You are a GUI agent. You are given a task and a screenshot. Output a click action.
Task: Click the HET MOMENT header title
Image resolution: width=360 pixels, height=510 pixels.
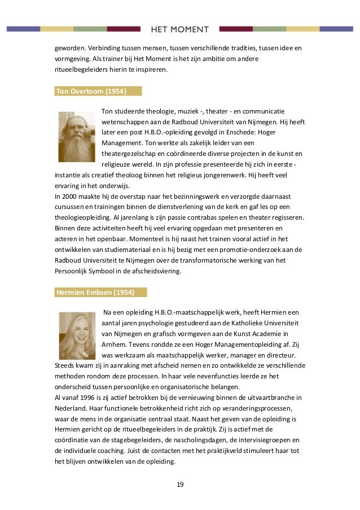(179, 29)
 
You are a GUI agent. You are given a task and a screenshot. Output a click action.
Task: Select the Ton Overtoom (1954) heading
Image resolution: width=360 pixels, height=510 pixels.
(91, 91)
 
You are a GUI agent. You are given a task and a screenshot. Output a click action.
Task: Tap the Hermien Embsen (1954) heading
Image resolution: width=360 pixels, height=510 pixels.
(94, 292)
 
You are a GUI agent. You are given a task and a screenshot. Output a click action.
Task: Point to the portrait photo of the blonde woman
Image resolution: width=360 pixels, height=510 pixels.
(77, 335)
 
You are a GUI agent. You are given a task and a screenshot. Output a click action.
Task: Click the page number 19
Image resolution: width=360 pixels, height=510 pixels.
(179, 485)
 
